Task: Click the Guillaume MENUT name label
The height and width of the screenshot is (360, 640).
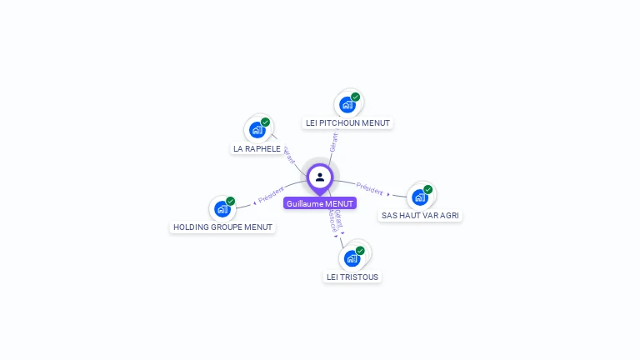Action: (320, 203)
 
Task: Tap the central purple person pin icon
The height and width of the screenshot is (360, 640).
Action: (320, 177)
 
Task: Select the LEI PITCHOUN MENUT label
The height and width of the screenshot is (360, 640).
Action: (347, 123)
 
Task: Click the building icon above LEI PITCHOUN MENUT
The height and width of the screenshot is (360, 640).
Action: (347, 105)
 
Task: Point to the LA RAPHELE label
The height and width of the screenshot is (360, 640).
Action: (257, 149)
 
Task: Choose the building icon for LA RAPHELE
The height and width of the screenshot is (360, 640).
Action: (257, 130)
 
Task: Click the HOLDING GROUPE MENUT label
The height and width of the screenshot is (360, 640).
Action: (222, 227)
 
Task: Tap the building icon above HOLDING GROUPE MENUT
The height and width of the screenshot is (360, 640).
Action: (222, 208)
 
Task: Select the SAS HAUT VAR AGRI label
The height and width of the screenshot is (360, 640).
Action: (420, 215)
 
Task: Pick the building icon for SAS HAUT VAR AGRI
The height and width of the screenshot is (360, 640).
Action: (419, 197)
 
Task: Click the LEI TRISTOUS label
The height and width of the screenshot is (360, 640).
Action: (352, 277)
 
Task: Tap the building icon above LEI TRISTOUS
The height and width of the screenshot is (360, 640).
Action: (352, 258)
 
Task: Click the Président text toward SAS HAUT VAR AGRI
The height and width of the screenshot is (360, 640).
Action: (369, 187)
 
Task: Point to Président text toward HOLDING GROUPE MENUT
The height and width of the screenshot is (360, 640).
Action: (272, 195)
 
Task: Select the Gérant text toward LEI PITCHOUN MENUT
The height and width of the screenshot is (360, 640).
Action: (333, 142)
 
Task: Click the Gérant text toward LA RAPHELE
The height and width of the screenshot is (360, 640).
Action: (289, 155)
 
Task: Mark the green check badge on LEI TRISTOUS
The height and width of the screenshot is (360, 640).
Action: (360, 251)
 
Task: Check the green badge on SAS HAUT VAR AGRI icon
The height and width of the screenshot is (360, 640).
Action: (427, 189)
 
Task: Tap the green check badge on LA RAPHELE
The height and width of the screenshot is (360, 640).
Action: (265, 122)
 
